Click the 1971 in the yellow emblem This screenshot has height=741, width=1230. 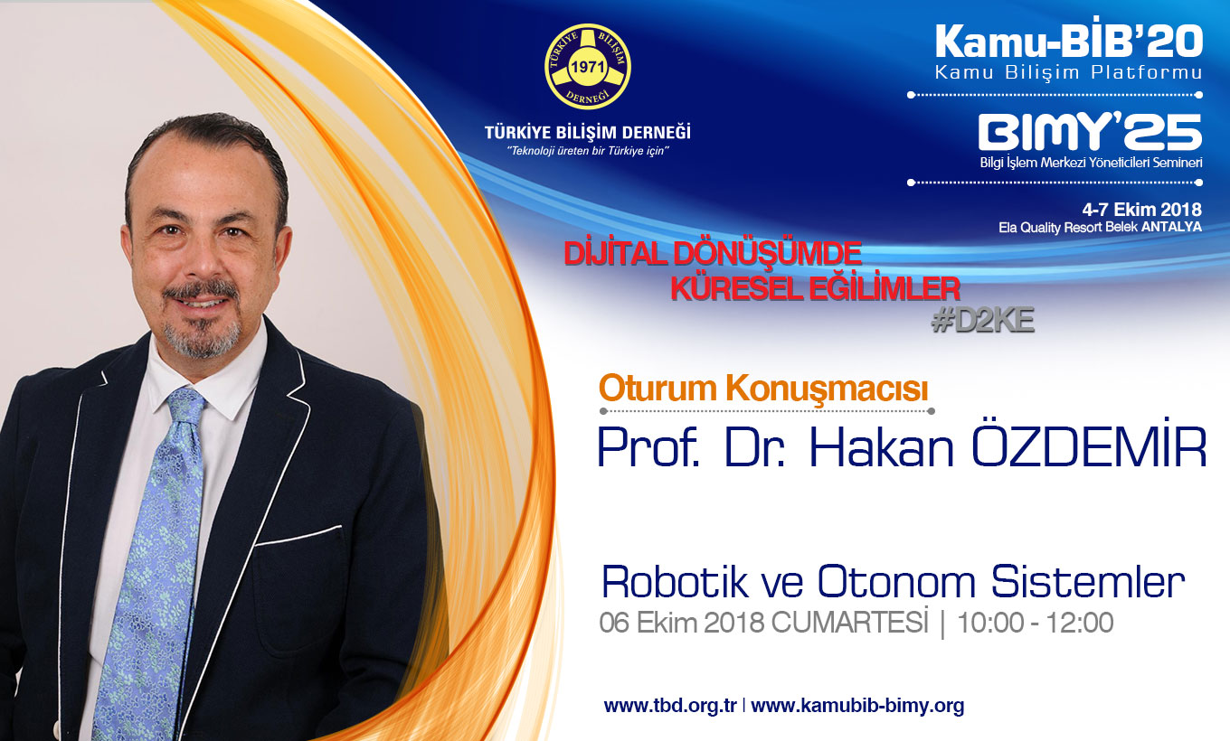[588, 67]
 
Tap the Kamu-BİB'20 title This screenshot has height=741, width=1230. [1069, 42]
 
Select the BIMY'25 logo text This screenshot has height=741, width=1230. [1090, 132]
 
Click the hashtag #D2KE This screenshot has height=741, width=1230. [983, 321]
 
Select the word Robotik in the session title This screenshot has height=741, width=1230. [675, 582]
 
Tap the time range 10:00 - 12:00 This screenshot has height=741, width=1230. [1035, 623]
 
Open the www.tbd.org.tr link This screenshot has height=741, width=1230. [670, 705]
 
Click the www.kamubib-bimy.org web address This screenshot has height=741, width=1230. [857, 706]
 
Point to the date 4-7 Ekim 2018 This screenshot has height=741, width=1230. [1141, 210]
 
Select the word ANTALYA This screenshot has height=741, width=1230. [1172, 227]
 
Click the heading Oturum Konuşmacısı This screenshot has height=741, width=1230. [763, 389]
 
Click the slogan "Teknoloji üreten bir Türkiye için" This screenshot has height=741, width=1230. [588, 151]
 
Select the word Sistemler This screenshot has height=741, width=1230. [1088, 582]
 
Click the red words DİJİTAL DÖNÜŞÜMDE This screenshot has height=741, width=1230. [713, 254]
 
